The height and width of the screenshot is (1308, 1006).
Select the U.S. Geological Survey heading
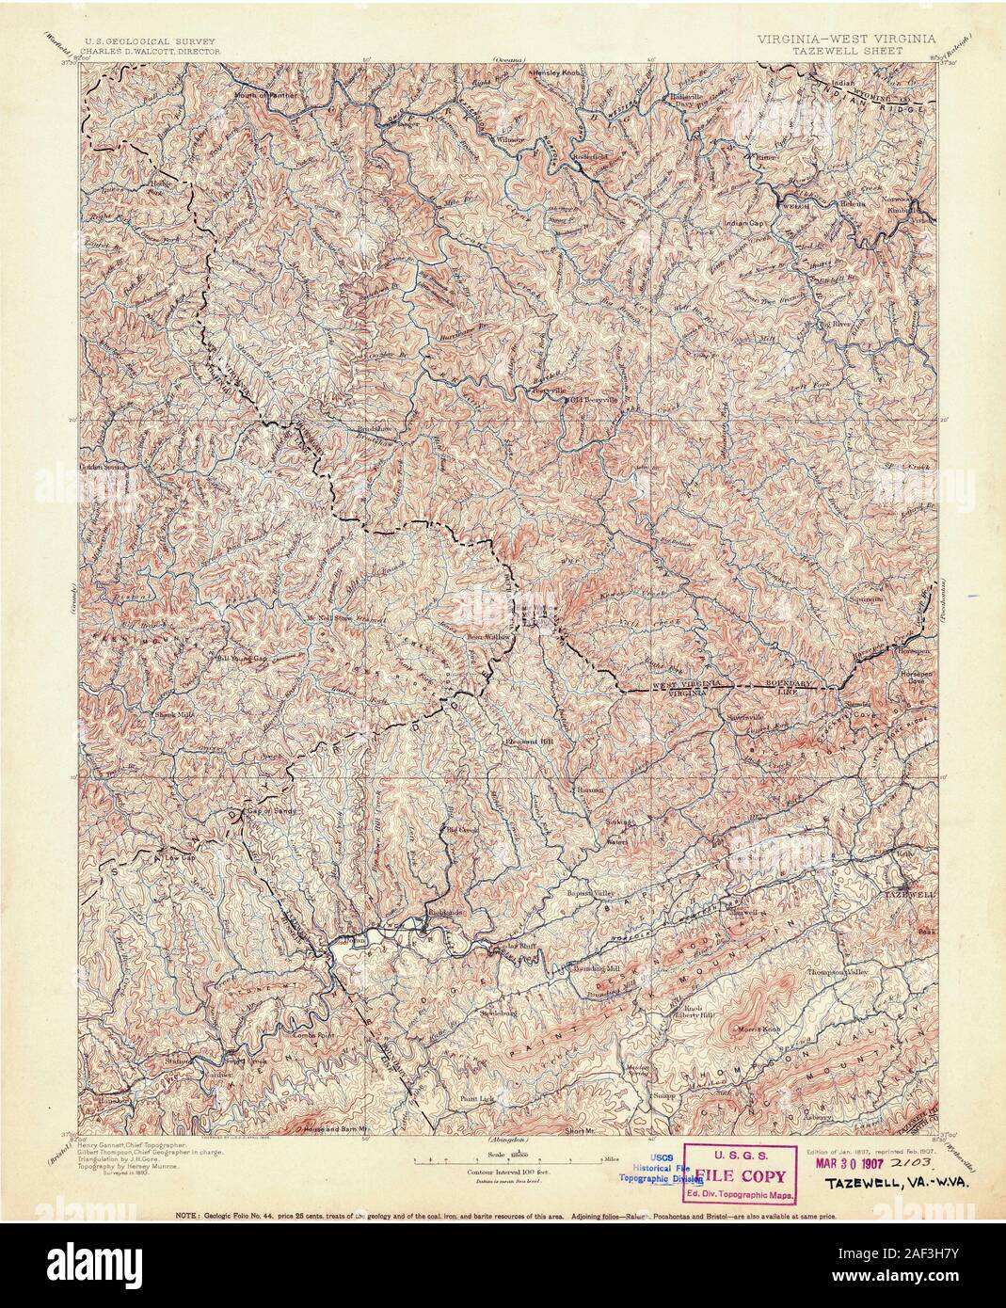click(x=151, y=42)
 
